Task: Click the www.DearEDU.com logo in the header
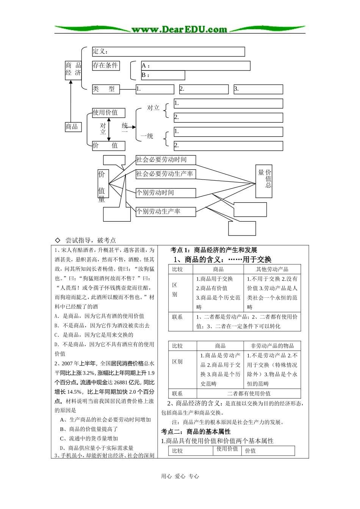click(179, 30)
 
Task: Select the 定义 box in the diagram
click(168, 52)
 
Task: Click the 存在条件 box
click(105, 66)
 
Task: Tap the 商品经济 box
click(73, 69)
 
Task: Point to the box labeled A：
click(196, 66)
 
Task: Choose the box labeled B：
click(163, 75)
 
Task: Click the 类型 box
click(106, 89)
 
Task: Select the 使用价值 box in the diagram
click(108, 112)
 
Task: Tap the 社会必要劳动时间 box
click(166, 160)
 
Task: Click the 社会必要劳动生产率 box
click(166, 174)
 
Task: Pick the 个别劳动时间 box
click(166, 193)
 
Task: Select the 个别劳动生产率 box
click(166, 212)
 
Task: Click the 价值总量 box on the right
click(264, 181)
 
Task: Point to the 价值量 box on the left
click(103, 184)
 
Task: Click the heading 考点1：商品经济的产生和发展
click(214, 250)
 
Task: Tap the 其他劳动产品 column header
click(272, 269)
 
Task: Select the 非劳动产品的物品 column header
click(272, 346)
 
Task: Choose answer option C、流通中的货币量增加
click(89, 439)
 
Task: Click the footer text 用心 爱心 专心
click(180, 476)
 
